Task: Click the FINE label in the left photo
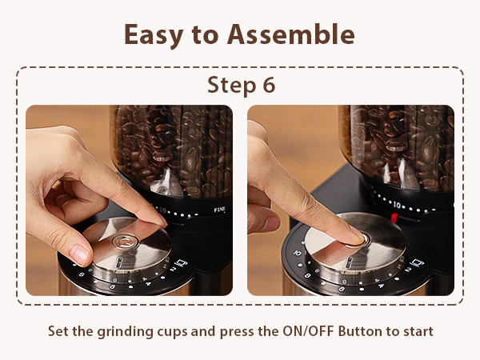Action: [x=220, y=210]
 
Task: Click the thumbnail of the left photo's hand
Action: [x=78, y=254]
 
